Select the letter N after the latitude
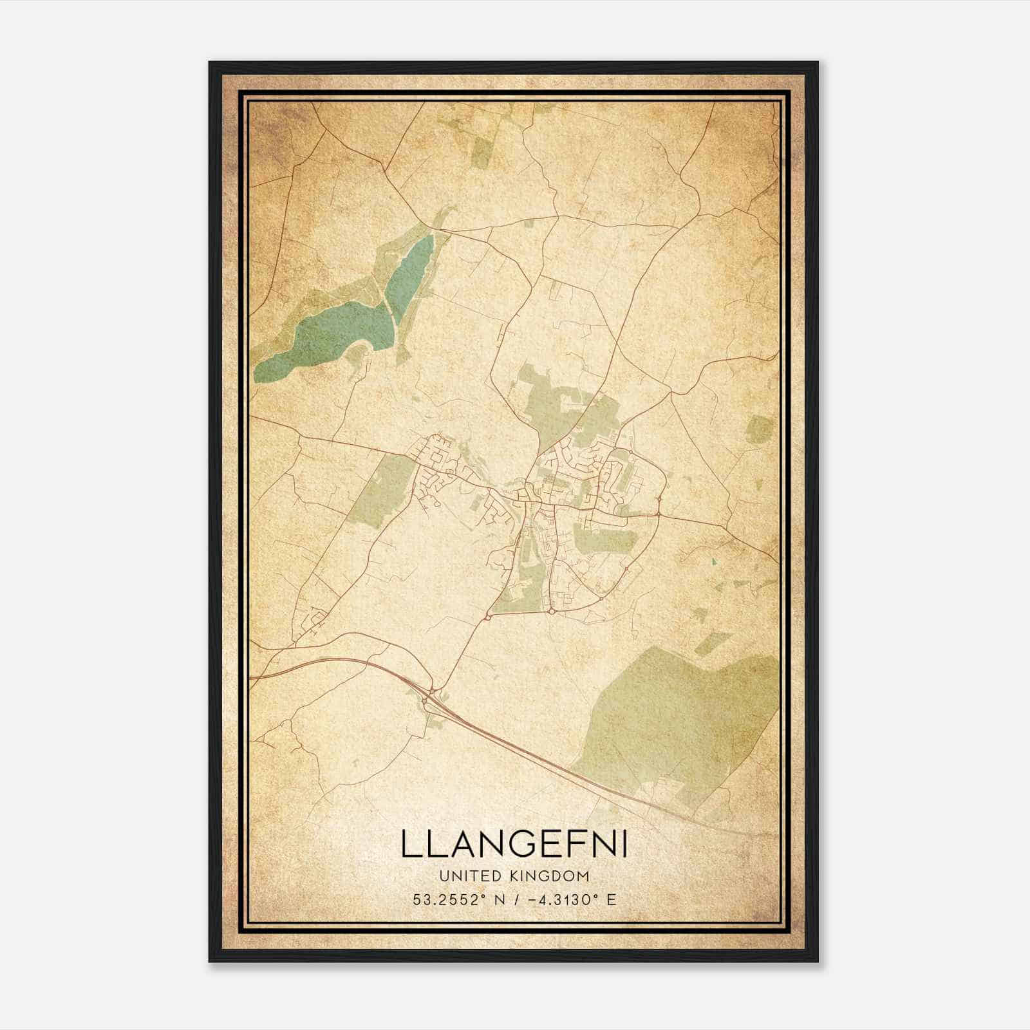[499, 899]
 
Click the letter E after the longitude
[611, 899]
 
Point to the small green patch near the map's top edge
[482, 153]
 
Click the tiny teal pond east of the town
[714, 562]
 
